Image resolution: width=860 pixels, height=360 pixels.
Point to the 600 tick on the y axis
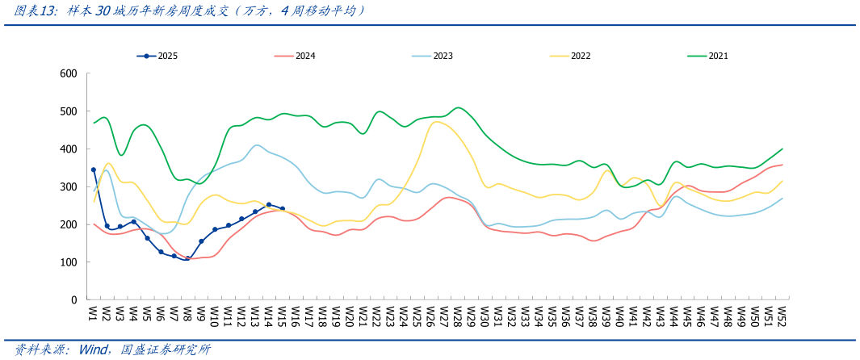pos(68,73)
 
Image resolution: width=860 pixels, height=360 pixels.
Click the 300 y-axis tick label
pos(68,186)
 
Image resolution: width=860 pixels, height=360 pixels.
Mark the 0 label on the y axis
pos(73,300)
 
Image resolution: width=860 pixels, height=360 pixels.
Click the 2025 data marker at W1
pos(94,170)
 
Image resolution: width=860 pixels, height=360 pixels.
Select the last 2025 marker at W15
pos(282,208)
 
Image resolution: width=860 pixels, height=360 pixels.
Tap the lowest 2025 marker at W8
pos(187,259)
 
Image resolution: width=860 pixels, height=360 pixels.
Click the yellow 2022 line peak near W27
pos(437,122)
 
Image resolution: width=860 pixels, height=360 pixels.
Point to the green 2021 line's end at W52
pos(782,149)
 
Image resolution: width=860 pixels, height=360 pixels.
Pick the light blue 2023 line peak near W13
pos(257,145)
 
